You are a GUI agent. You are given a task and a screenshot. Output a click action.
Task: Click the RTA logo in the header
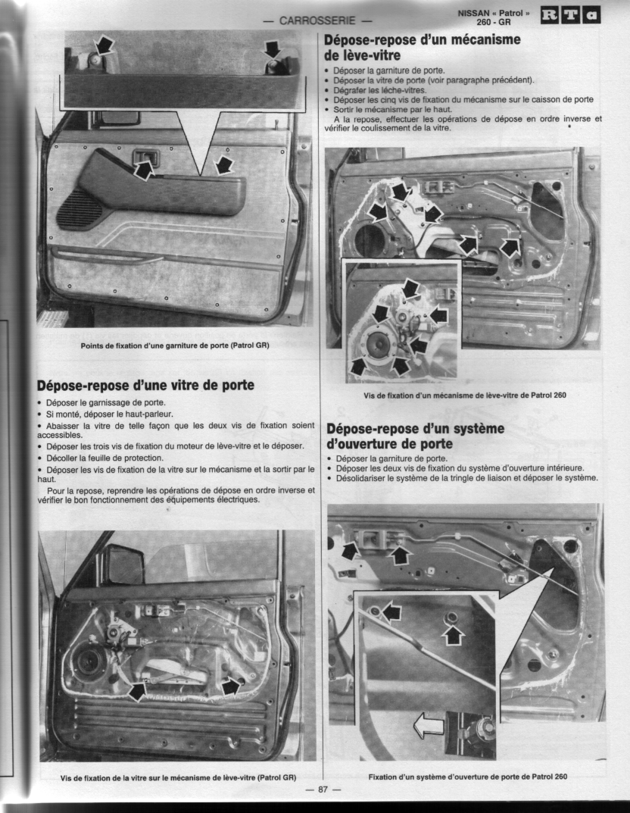[x=571, y=15]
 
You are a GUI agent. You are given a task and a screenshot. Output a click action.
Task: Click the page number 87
[x=323, y=790]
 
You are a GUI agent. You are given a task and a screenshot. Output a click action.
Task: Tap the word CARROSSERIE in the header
[x=317, y=20]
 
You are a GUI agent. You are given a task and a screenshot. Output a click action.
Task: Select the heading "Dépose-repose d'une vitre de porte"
[x=145, y=385]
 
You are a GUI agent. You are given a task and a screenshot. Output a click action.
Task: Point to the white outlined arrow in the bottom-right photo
[x=429, y=725]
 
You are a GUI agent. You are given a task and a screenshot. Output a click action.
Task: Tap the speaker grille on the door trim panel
[x=75, y=209]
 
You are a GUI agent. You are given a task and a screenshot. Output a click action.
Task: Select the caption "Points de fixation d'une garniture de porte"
[x=175, y=346]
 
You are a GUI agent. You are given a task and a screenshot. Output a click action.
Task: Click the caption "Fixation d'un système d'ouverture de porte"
[x=468, y=777]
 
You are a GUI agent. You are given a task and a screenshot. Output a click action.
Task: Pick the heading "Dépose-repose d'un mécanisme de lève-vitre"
[x=423, y=47]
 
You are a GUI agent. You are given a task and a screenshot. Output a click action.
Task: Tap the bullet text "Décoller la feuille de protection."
[x=104, y=458]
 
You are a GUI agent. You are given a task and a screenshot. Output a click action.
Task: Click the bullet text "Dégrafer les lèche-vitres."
[x=380, y=89]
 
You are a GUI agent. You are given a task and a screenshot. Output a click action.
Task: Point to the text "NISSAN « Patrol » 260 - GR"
[x=494, y=17]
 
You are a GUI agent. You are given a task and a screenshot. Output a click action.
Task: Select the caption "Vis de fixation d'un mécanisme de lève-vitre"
[x=465, y=395]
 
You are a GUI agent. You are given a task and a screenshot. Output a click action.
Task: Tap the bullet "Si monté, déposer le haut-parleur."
[x=109, y=414]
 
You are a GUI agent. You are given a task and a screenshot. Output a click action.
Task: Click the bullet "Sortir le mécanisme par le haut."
[x=393, y=109]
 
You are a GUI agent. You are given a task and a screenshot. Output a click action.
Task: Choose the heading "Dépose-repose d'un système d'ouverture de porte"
[x=416, y=436]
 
